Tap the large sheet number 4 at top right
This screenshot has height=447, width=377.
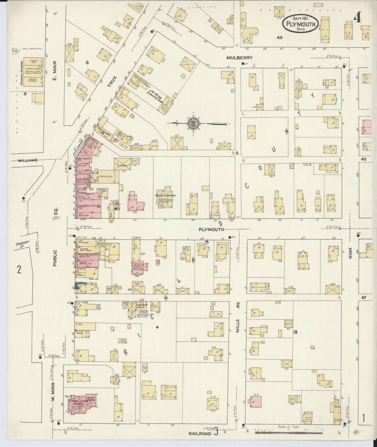click(x=358, y=18)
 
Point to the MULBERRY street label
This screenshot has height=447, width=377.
click(x=239, y=58)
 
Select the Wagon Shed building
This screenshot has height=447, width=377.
click(x=106, y=177)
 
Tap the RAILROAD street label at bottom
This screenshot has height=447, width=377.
click(x=200, y=433)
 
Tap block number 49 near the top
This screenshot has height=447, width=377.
click(x=280, y=37)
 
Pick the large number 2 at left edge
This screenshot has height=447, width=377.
click(x=19, y=269)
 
